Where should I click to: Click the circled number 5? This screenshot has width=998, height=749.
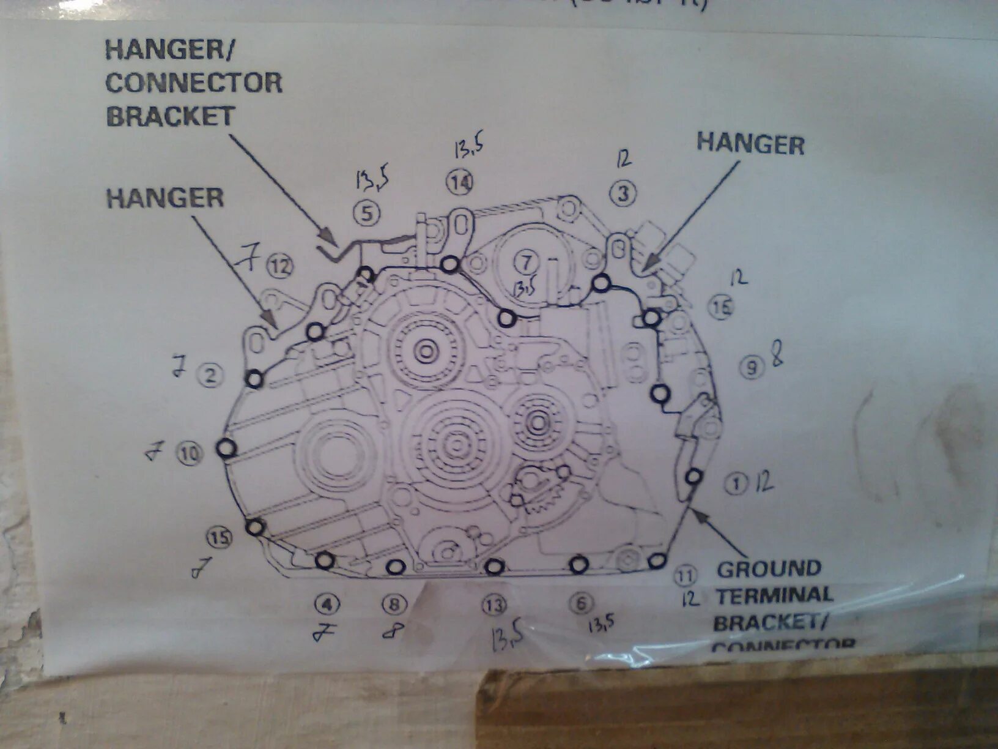(x=367, y=214)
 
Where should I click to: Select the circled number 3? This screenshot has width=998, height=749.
(x=623, y=193)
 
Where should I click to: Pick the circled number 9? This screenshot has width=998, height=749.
(x=752, y=367)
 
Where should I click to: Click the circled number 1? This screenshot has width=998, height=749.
(x=736, y=484)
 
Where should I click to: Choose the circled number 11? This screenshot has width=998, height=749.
(x=686, y=575)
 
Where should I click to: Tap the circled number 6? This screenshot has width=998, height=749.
(x=580, y=603)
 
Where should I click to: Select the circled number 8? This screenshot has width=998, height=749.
(x=394, y=605)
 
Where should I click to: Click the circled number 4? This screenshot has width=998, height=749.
(x=327, y=605)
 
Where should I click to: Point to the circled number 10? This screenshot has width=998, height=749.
(x=189, y=453)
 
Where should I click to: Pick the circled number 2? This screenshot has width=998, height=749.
(x=210, y=375)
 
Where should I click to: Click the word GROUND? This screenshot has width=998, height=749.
(x=769, y=569)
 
